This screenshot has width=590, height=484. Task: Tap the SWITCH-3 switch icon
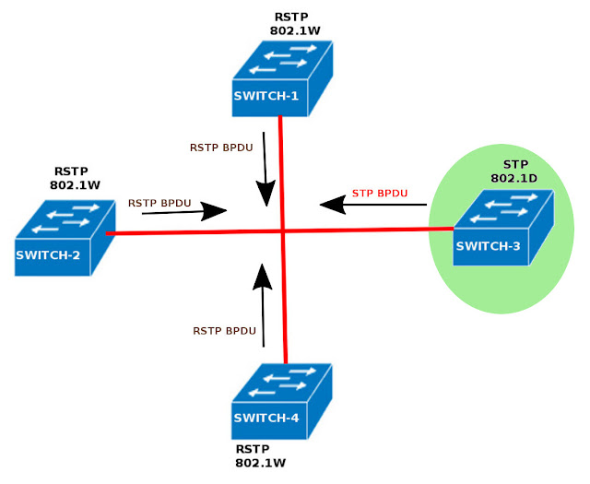click(502, 228)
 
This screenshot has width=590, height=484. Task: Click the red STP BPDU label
click(379, 194)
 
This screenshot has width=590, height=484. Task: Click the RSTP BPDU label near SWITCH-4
click(223, 330)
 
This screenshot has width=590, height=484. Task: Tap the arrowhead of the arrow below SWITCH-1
click(265, 193)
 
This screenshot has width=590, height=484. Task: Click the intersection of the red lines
click(283, 230)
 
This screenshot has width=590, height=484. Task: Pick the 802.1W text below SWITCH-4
click(259, 463)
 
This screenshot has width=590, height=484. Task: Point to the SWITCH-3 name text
click(489, 247)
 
